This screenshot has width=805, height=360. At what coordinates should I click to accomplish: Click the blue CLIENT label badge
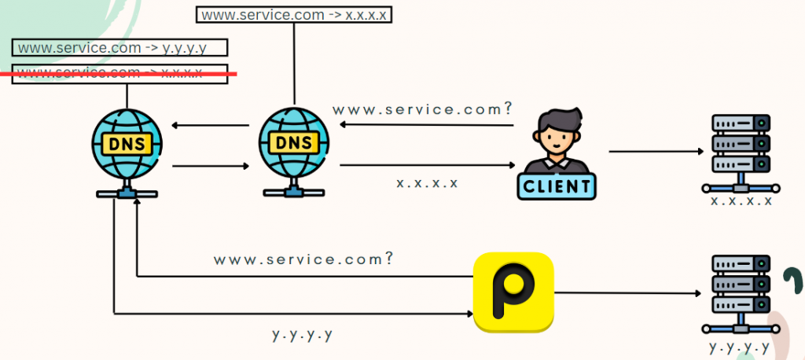pos(557,186)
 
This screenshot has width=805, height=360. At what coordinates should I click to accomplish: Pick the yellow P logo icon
pos(513,291)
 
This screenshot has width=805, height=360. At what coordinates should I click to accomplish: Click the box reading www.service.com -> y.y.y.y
pos(120,48)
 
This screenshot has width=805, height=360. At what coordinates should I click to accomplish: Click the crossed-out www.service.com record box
pos(120,73)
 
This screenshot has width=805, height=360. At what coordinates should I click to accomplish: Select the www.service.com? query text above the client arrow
pos(422,109)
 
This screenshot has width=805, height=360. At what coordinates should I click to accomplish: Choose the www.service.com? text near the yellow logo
pos(303,259)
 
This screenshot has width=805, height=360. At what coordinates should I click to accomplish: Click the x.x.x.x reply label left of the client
pos(427,183)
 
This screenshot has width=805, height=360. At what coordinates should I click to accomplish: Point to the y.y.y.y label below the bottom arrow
pos(303,334)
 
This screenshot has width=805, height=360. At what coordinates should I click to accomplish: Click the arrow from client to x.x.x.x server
pos(654,151)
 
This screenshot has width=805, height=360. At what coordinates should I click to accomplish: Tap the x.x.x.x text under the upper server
pos(741,200)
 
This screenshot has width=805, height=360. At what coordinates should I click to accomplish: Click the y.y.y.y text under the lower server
pos(741,346)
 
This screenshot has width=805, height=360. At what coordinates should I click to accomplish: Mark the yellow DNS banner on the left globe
pos(126,143)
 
